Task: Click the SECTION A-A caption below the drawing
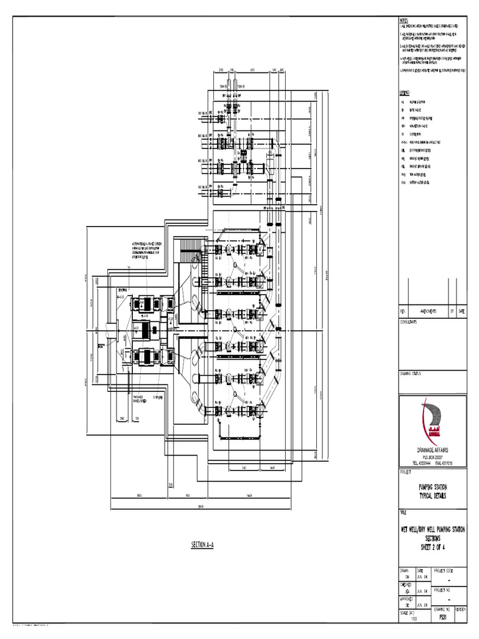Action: [202, 545]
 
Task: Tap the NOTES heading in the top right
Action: [403, 20]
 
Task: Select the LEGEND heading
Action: [404, 91]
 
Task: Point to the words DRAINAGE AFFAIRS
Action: [432, 449]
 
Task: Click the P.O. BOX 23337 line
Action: [432, 457]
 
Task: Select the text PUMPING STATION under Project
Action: [432, 487]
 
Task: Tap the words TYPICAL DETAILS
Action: [432, 495]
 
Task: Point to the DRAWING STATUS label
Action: [411, 374]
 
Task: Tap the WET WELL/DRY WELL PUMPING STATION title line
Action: [432, 530]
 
